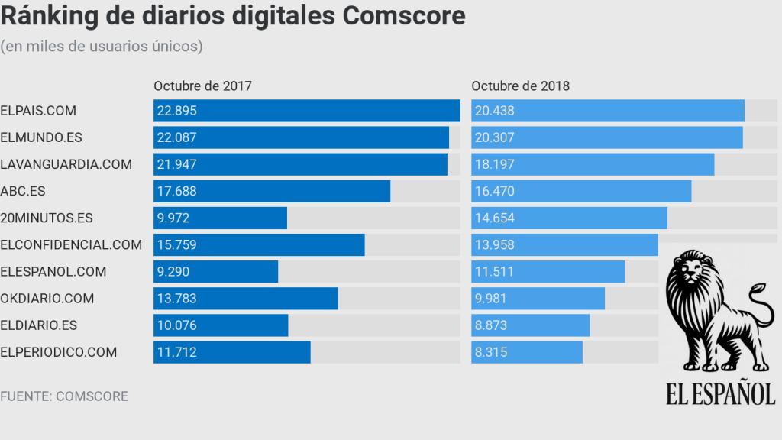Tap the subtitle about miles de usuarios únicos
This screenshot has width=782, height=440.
[x=102, y=47]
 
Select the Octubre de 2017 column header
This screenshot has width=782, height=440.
[x=202, y=86]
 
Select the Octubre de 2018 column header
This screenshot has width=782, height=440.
[x=520, y=86]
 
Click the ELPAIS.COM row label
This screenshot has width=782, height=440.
[x=38, y=111]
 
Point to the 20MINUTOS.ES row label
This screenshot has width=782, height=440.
[x=47, y=218]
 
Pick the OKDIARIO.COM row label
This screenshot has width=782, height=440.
[x=47, y=299]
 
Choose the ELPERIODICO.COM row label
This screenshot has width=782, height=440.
[x=59, y=352]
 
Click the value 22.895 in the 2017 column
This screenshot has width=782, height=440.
[x=176, y=111]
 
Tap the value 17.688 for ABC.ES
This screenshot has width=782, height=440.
[x=176, y=191]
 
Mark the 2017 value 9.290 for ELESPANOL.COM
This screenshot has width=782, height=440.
[x=173, y=271]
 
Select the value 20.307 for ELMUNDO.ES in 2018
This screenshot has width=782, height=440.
[x=494, y=137]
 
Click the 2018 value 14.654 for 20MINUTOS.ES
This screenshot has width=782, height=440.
[x=494, y=218]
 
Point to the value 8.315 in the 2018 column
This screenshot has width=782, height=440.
[x=491, y=352]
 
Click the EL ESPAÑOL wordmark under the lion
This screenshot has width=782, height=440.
[x=720, y=394]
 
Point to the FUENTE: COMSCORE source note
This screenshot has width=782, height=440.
[x=64, y=396]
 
